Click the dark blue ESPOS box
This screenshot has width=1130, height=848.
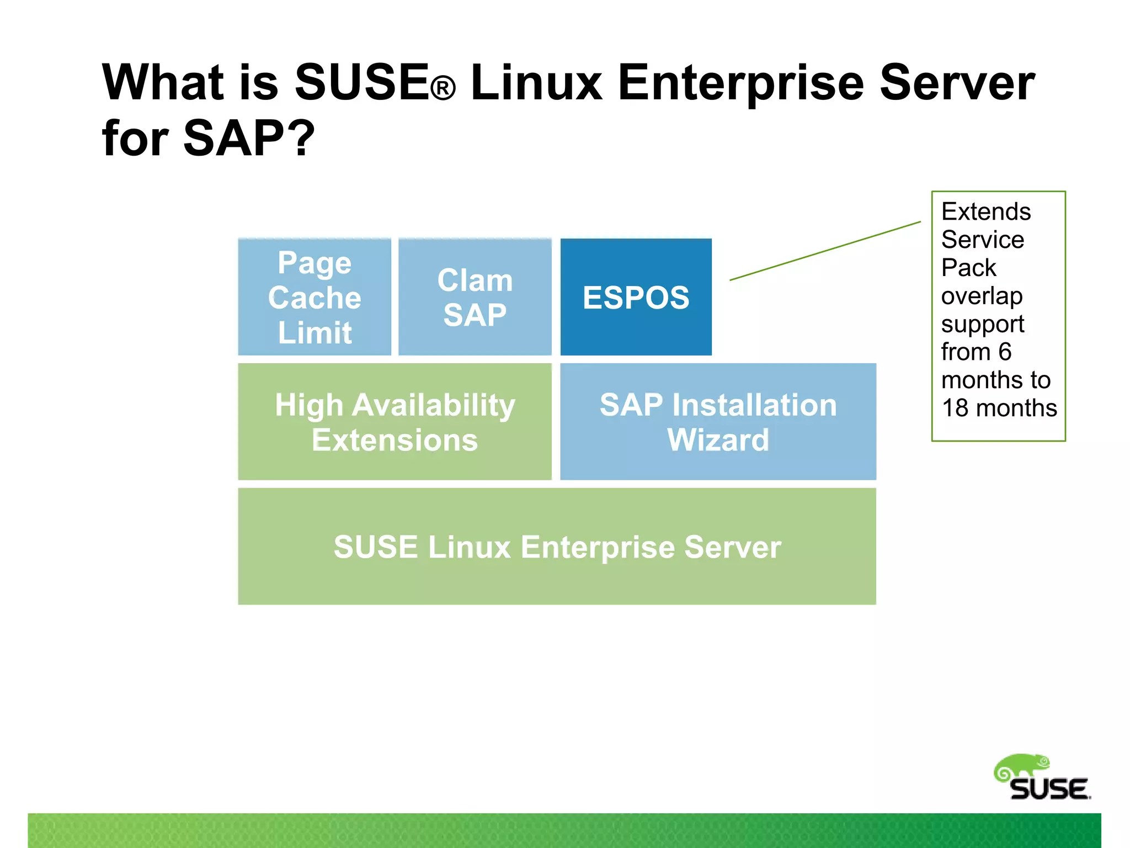point(636,297)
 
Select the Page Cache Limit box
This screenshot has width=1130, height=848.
point(315,297)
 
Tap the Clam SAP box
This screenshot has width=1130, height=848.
point(475,297)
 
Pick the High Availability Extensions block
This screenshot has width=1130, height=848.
point(395,422)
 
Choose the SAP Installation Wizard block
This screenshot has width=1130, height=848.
point(718,422)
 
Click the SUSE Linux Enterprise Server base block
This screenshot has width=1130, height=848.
point(557,547)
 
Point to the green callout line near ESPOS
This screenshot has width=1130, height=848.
point(825,251)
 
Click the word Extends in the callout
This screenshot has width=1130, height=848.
point(985,212)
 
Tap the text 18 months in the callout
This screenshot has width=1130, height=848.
point(999,409)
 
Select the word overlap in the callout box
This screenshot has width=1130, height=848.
point(982,296)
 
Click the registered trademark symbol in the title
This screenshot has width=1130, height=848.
point(443,89)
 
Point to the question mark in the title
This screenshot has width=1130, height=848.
point(303,138)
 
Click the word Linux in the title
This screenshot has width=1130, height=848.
point(536,83)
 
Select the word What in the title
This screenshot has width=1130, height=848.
point(162,83)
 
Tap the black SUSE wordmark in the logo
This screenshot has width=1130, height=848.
point(1049,789)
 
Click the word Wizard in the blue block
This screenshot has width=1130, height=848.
point(718,440)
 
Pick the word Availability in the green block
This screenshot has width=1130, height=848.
point(433,405)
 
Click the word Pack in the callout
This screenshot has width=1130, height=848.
point(968,268)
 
